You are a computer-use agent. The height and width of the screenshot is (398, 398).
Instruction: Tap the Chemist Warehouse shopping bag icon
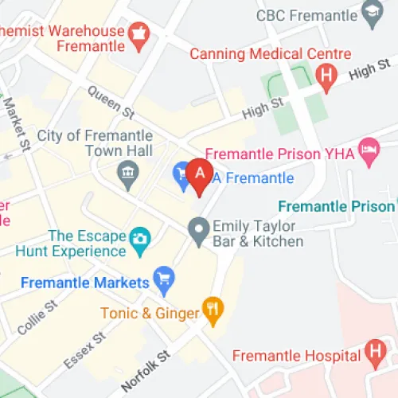tap(140, 36)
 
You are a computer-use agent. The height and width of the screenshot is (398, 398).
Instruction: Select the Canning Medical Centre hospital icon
tap(325, 76)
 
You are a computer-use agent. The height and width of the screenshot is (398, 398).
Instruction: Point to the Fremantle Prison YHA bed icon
tap(369, 151)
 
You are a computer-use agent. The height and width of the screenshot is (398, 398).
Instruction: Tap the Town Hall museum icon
tap(127, 170)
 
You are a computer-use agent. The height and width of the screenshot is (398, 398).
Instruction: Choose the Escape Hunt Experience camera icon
tap(140, 236)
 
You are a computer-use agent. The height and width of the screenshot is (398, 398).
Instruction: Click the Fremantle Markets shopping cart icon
tap(165, 279)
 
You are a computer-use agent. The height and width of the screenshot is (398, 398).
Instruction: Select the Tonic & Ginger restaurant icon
tap(212, 311)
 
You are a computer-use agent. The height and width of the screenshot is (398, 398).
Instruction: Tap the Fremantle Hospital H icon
tap(374, 351)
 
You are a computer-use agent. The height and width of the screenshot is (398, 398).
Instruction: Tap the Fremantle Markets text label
tap(85, 283)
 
